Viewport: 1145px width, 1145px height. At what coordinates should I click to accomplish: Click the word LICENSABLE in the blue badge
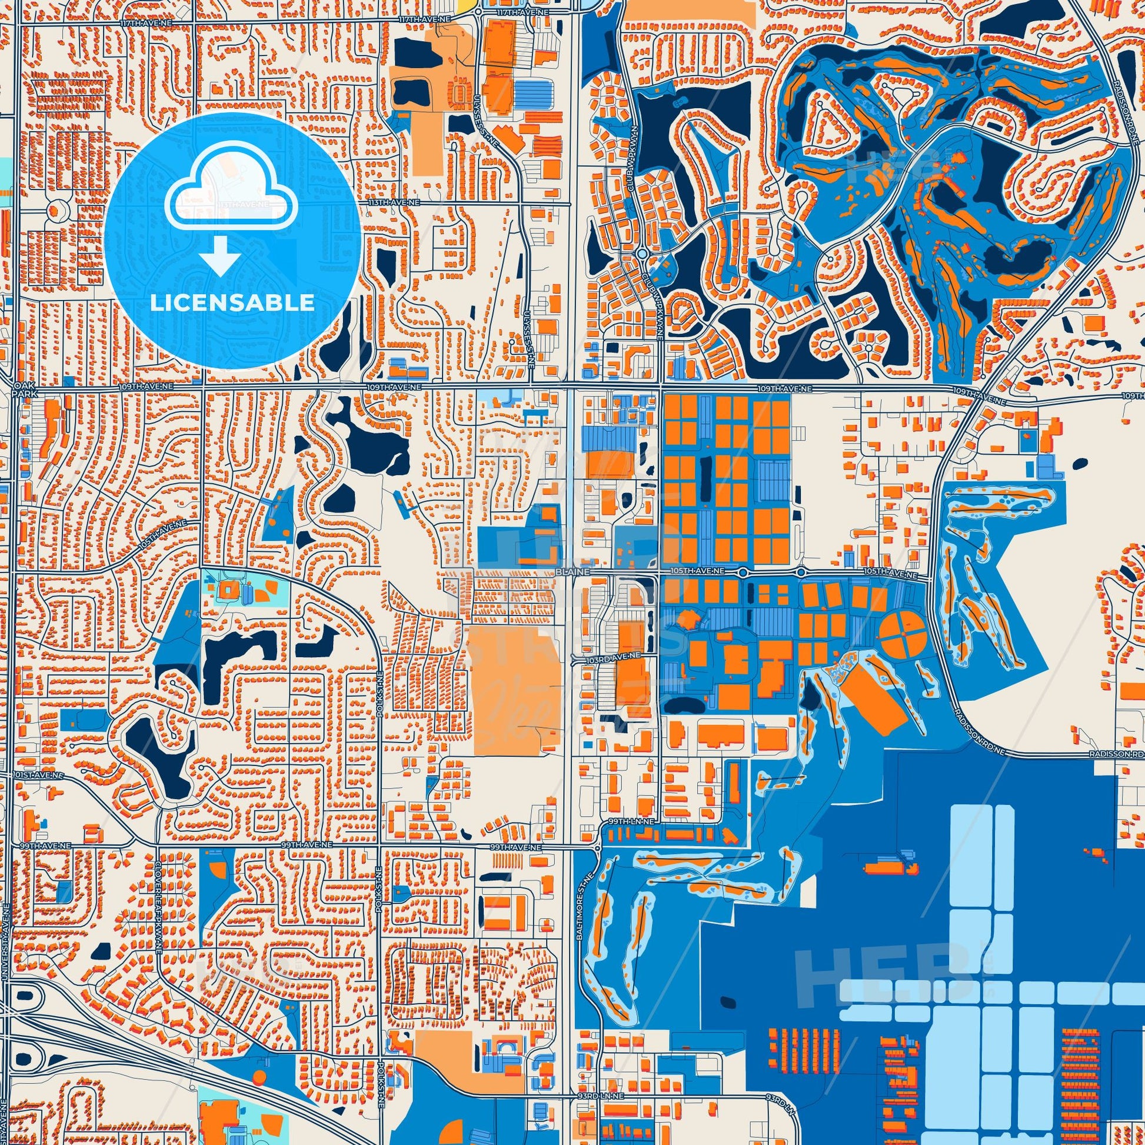pos(232,303)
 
